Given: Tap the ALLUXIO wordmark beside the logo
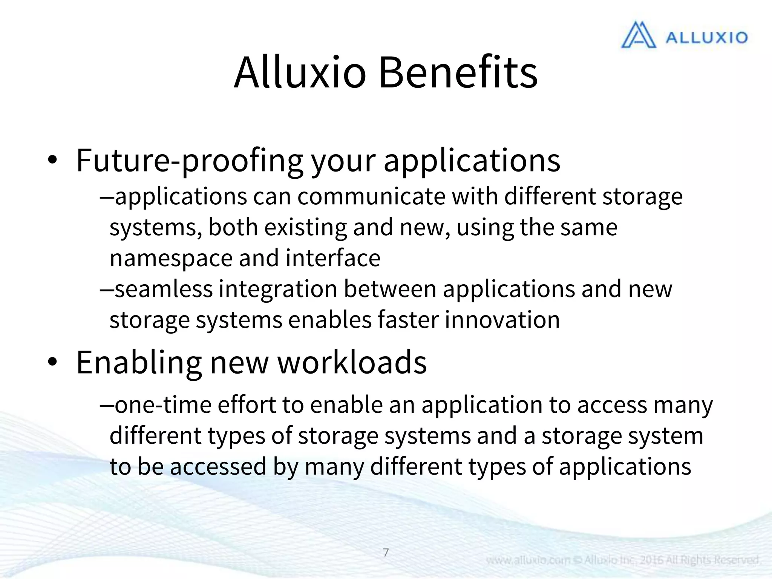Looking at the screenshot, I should coord(706,37).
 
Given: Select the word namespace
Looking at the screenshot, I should coord(171,258).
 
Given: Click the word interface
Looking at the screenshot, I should coord(333,258).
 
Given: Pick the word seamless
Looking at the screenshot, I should coord(164,289).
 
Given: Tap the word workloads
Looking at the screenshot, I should coord(352,362).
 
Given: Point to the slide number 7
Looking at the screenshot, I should coord(386,553).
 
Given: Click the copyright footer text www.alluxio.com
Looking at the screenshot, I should coord(528,560).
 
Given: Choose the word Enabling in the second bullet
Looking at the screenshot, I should coord(138,362).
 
